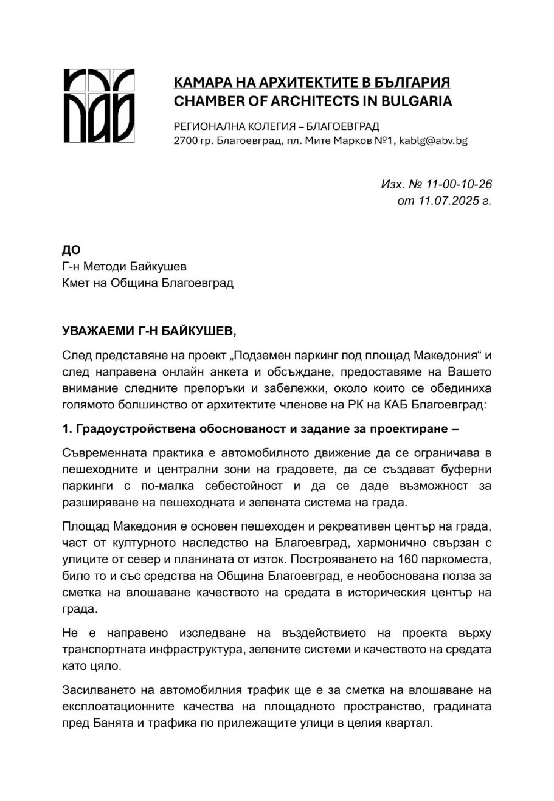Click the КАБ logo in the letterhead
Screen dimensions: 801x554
click(x=99, y=106)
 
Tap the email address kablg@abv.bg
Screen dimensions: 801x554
click(x=434, y=140)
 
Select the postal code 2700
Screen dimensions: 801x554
click(x=185, y=140)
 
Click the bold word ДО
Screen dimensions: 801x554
click(x=71, y=250)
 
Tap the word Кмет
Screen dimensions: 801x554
click(x=77, y=283)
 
